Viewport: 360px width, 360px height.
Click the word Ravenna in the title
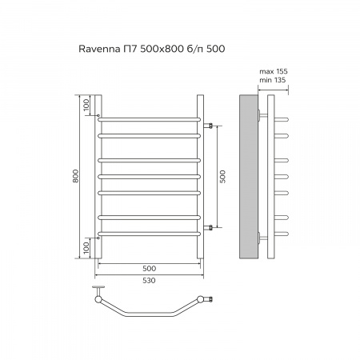[99, 49]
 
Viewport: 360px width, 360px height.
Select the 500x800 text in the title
[162, 49]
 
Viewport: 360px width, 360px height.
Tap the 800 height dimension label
[76, 176]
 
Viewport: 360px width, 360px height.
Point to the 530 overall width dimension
[149, 281]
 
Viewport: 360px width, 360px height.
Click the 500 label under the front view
[149, 268]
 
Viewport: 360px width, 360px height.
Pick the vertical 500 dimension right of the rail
[222, 177]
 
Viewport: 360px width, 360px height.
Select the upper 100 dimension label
[86, 106]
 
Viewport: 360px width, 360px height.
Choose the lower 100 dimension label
[86, 248]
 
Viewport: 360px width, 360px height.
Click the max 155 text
[274, 71]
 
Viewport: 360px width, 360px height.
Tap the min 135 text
[273, 80]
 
